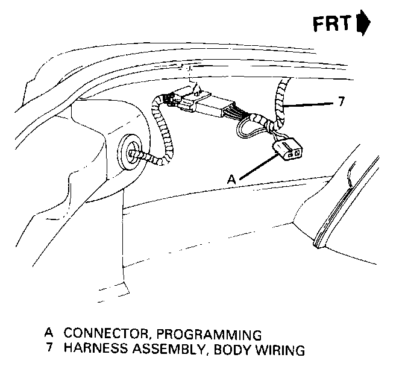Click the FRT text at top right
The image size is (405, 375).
tap(333, 25)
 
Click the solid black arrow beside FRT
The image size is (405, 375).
tap(363, 25)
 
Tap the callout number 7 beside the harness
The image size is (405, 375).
tap(341, 102)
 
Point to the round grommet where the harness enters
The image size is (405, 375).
tap(130, 151)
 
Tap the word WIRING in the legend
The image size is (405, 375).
tap(281, 349)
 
